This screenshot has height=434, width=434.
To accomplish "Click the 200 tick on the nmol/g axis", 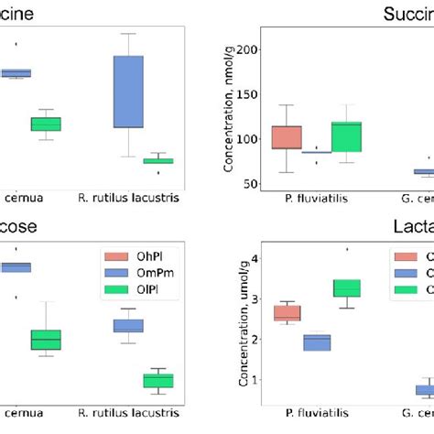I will [246, 49].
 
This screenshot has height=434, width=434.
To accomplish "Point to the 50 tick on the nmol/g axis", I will [249, 184].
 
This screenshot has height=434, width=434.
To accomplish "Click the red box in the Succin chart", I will [287, 137].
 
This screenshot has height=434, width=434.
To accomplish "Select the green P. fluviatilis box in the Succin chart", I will [347, 136].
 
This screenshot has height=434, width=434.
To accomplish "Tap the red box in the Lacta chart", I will [287, 312].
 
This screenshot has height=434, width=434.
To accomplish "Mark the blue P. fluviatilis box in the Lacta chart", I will [317, 342].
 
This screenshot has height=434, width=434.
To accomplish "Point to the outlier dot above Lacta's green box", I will [347, 248].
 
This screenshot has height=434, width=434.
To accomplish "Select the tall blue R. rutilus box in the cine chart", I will [128, 92].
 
